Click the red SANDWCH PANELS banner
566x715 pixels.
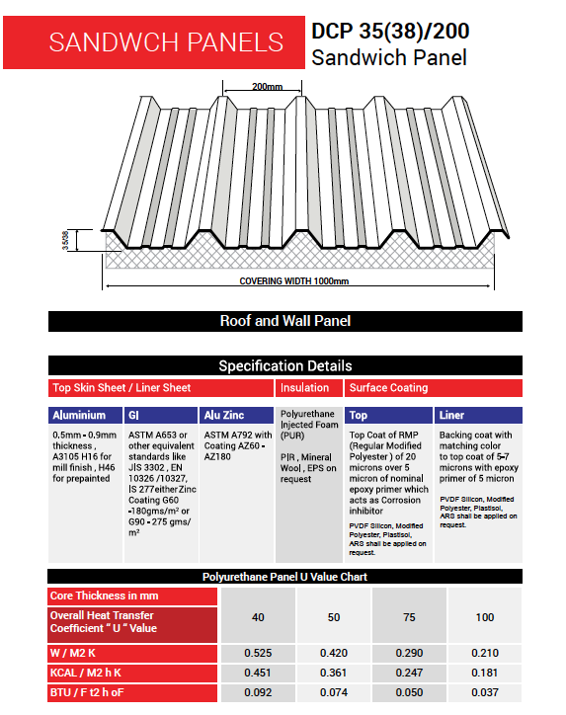(154, 42)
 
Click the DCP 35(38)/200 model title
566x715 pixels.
(390, 31)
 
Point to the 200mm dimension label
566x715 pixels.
(268, 86)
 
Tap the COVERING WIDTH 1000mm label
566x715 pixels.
(294, 280)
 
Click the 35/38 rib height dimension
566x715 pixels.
(65, 240)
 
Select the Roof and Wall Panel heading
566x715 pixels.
(285, 321)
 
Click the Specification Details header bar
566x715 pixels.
(285, 365)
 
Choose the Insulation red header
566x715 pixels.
(309, 388)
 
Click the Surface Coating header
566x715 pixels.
(434, 388)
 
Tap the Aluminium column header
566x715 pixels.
(85, 415)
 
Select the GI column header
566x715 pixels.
(161, 415)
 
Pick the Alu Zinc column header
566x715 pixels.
(237, 415)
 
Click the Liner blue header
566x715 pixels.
(478, 415)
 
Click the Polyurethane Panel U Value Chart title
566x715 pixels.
(285, 577)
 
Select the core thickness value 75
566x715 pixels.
(409, 617)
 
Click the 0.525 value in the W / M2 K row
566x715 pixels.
(258, 653)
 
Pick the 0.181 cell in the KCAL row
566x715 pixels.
(485, 673)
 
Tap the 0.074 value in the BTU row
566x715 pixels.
(334, 692)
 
